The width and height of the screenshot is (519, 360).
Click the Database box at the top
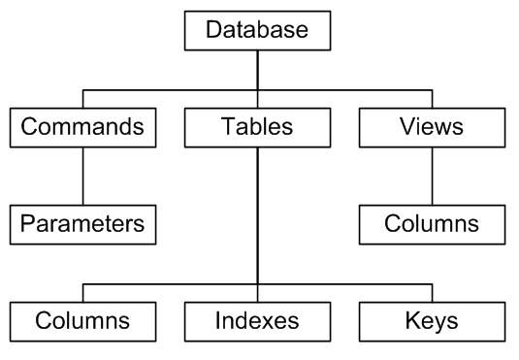(x=257, y=29)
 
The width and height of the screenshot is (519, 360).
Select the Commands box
(x=82, y=127)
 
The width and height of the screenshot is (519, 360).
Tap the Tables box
(x=257, y=127)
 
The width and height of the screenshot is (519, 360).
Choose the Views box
(x=432, y=127)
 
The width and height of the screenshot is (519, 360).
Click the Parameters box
(x=82, y=224)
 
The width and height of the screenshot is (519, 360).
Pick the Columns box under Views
(x=432, y=224)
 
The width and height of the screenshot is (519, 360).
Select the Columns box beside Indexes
(x=82, y=319)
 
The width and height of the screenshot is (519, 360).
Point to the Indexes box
(x=257, y=319)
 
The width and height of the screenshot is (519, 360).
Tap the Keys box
(x=432, y=319)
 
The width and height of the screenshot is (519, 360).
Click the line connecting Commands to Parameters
(x=82, y=176)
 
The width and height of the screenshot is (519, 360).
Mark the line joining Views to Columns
(x=432, y=176)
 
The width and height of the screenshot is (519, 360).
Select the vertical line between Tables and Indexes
(x=257, y=213)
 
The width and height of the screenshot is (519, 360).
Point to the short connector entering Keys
(x=432, y=292)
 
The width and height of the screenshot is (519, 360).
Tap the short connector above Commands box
(x=82, y=99)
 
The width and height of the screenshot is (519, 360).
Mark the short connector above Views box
(x=432, y=99)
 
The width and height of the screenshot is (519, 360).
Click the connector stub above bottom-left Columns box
(x=82, y=292)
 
